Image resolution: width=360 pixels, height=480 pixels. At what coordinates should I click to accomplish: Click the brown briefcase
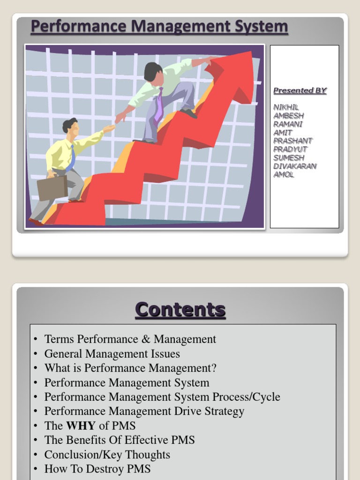point(52,187)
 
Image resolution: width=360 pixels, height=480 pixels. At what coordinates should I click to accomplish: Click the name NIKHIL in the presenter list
point(286,107)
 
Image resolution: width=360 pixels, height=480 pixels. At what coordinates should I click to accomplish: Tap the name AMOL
point(284,174)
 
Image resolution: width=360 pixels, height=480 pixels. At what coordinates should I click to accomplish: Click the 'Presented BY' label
point(300,90)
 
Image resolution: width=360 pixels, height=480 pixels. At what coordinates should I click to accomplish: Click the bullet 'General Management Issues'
point(112,353)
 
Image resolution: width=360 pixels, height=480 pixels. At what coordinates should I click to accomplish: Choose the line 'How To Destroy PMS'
point(97,469)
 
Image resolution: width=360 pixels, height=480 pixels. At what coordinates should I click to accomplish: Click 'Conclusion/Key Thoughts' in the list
point(107,454)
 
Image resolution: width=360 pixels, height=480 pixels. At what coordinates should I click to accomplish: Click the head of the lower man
point(71,127)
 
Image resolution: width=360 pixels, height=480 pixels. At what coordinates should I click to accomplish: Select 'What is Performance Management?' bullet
point(130,368)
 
